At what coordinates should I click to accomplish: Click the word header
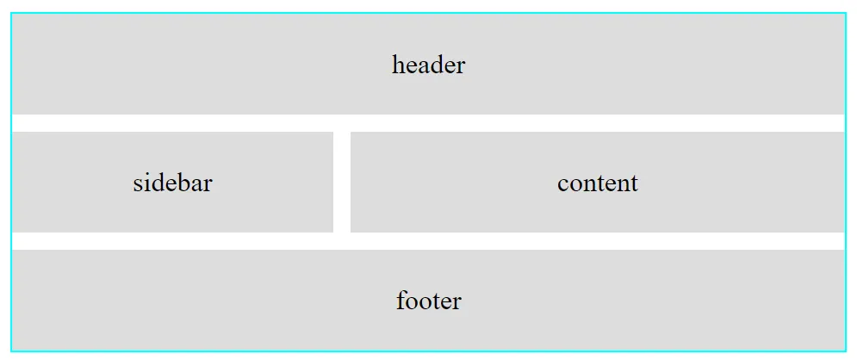429,65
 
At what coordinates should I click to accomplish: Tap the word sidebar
172,183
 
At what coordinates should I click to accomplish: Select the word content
598,183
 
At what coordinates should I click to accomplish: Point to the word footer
429,301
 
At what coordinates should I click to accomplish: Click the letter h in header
398,65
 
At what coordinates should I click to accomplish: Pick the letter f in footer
401,300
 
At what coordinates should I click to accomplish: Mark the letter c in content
563,184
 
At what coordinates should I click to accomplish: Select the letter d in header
436,65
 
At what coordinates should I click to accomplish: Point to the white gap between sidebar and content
342,182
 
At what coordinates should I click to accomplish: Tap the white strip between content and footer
598,241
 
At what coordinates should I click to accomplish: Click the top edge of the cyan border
429,13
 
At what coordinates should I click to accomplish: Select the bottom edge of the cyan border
429,351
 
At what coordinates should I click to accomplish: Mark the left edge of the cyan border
11,182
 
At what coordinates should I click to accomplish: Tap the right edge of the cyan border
846,182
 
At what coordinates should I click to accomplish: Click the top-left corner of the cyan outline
11,13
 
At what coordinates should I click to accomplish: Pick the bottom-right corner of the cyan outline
846,351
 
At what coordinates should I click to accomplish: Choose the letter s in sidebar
138,184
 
